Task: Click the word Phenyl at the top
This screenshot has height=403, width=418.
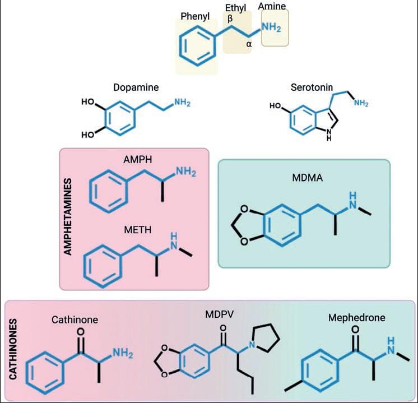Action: (x=195, y=16)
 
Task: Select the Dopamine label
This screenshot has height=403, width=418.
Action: (x=136, y=87)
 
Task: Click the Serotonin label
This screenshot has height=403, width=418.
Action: (x=312, y=87)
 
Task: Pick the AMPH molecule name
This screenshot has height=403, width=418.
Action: (x=135, y=160)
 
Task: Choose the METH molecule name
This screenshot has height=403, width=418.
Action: (x=137, y=230)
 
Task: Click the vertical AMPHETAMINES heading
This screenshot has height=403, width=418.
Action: (x=68, y=217)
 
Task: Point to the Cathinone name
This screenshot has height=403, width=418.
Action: (x=75, y=320)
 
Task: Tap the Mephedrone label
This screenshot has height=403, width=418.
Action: (x=356, y=318)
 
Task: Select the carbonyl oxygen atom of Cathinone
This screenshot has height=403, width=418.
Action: (x=80, y=332)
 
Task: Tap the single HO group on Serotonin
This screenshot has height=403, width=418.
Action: (x=275, y=106)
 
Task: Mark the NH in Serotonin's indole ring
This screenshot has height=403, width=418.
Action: (x=328, y=135)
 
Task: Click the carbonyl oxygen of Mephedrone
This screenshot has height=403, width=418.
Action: (x=354, y=330)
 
